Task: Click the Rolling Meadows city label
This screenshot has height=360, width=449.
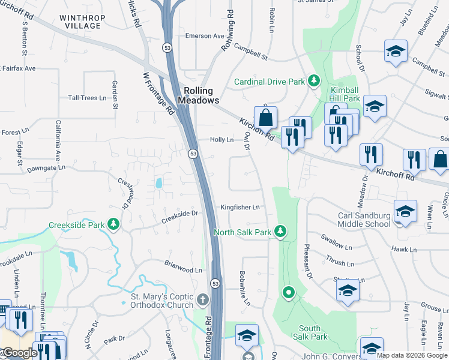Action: pos(198,95)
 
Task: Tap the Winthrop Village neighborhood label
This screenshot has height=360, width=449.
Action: pos(80,22)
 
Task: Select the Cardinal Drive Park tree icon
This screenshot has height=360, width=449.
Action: pos(313,80)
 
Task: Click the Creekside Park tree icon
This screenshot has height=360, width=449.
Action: pos(112,225)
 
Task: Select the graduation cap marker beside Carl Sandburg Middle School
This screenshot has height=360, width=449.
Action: pos(405,212)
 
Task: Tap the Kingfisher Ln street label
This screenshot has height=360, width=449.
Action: pos(240,207)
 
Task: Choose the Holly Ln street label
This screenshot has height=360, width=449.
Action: pos(221,139)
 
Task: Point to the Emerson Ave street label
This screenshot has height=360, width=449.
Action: pos(204,36)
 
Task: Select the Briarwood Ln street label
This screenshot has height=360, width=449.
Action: pos(184,266)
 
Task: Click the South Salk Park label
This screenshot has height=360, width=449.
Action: pos(313,332)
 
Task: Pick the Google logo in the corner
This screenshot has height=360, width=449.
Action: pos(20,353)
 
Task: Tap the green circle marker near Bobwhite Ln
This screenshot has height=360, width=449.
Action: pos(289,292)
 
